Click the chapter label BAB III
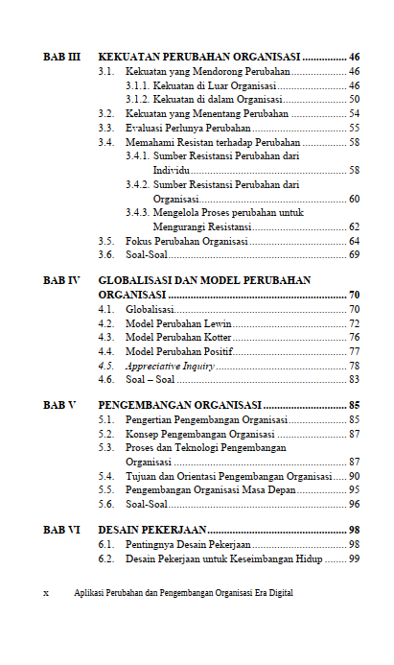61,57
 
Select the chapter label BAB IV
61,280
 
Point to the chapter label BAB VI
61,529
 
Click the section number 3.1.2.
138,99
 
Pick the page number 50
354,99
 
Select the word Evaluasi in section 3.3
144,128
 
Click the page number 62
354,226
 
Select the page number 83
354,380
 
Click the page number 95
354,489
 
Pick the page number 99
354,558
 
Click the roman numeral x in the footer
47,593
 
